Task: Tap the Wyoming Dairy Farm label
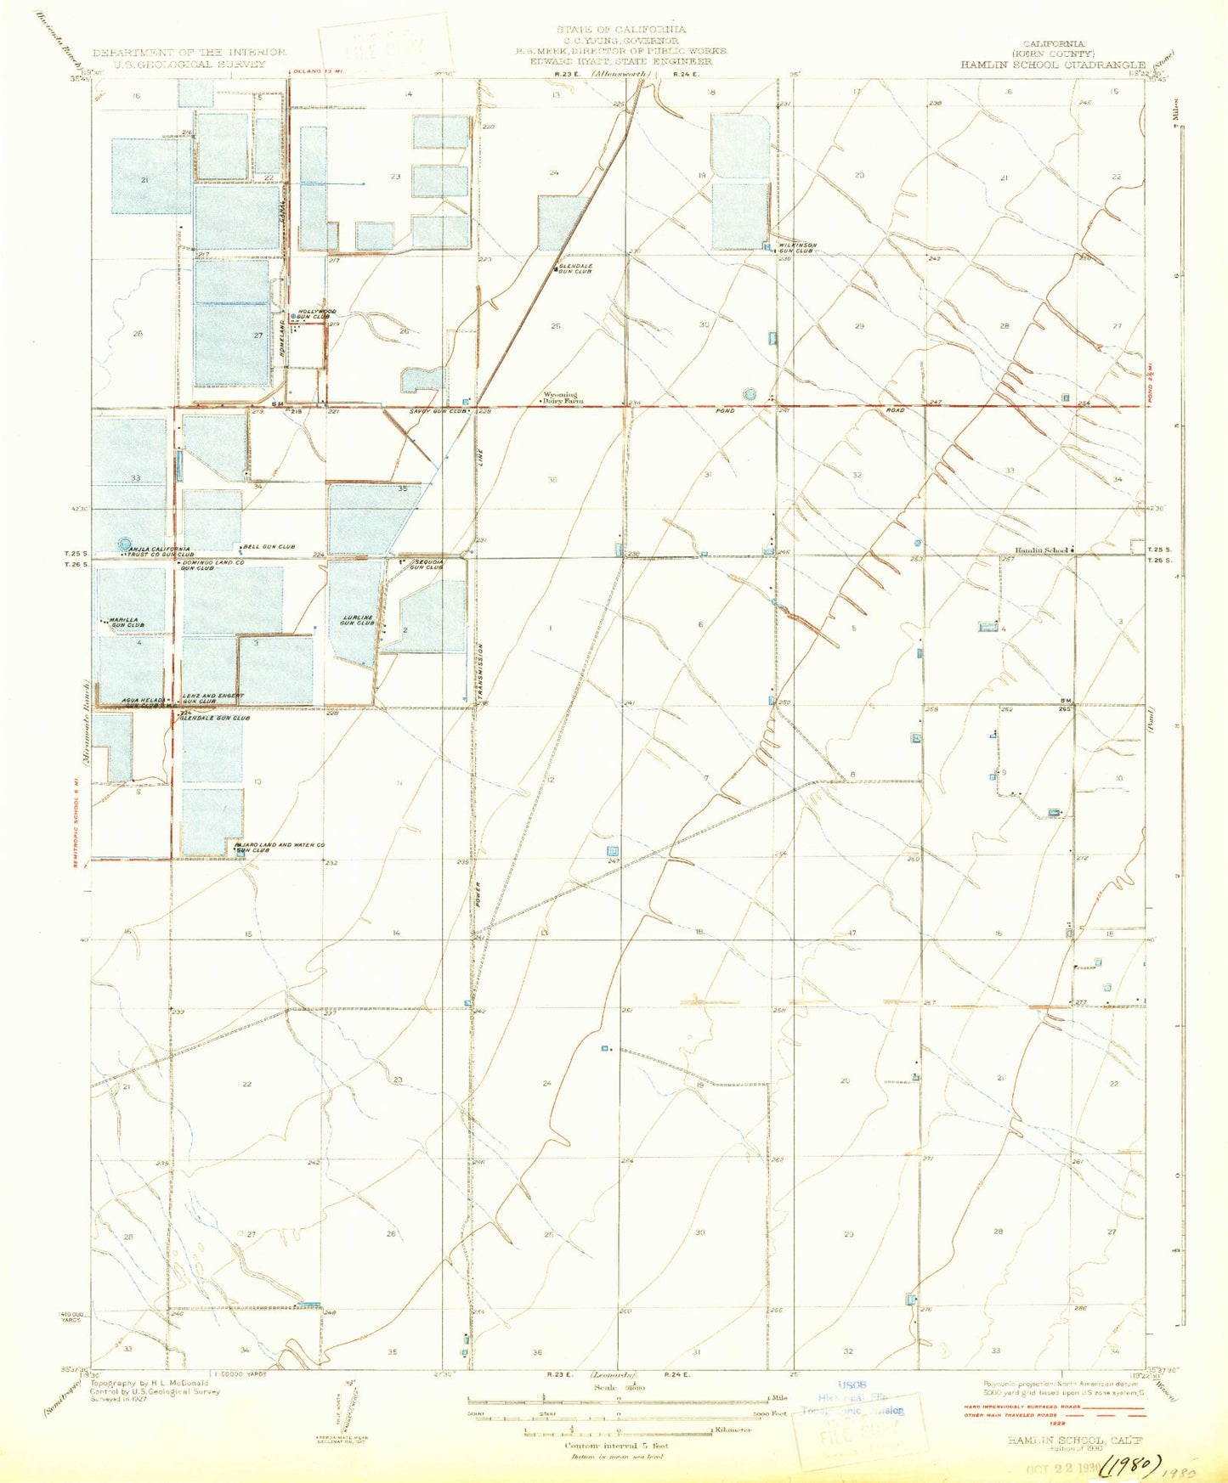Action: click(x=561, y=398)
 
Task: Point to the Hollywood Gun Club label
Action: click(x=316, y=314)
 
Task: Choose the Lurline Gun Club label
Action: click(x=357, y=620)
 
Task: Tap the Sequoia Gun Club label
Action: click(x=427, y=565)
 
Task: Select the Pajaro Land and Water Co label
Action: click(x=280, y=847)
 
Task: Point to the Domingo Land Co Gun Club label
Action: click(x=212, y=565)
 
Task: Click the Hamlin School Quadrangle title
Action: click(x=1054, y=65)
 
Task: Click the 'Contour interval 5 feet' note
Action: click(x=617, y=1446)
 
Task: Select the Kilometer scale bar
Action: click(x=617, y=1432)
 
